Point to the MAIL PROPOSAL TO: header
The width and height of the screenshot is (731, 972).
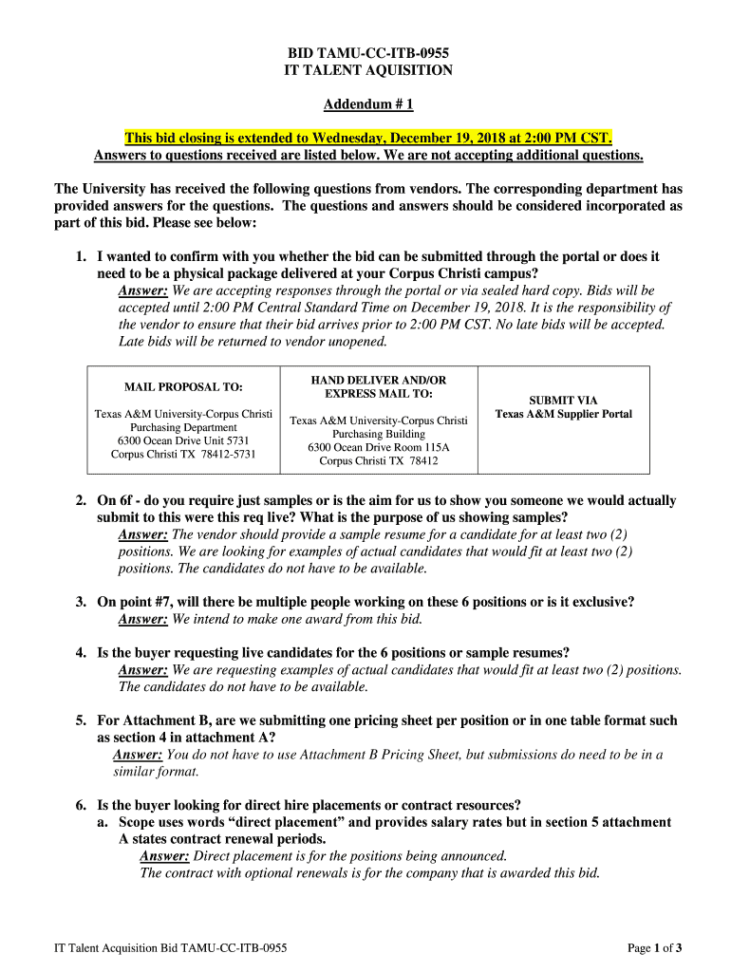[x=183, y=387]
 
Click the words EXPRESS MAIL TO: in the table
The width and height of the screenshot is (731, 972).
[x=379, y=393]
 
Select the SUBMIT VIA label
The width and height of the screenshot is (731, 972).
[x=563, y=401]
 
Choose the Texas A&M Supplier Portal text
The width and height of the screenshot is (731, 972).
[x=563, y=414]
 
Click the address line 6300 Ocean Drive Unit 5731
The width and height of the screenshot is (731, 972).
[x=183, y=440]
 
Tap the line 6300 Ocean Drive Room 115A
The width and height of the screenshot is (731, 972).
[x=379, y=447]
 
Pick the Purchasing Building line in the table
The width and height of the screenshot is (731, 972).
[x=379, y=434]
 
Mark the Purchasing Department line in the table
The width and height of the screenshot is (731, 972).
[x=183, y=427]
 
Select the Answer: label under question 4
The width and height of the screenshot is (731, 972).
[x=142, y=670]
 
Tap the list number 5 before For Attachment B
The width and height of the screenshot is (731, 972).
[x=82, y=720]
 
